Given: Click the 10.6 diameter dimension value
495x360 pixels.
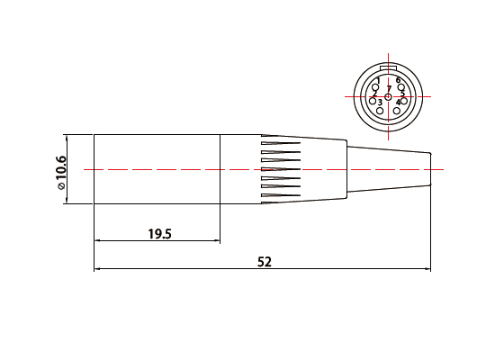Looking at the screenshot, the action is pyautogui.click(x=60, y=169).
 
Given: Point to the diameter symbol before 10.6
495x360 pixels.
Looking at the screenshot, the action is pyautogui.click(x=61, y=186).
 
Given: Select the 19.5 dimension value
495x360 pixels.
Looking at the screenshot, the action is pyautogui.click(x=159, y=234).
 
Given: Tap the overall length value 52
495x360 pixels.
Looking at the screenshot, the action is pyautogui.click(x=265, y=262).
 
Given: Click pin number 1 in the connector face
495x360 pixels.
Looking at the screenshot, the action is pyautogui.click(x=378, y=81).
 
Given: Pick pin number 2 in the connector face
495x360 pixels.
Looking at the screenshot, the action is pyautogui.click(x=374, y=94).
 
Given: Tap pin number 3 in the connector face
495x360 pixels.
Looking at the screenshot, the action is pyautogui.click(x=380, y=103).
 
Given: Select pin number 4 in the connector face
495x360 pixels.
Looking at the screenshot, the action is pyautogui.click(x=399, y=103).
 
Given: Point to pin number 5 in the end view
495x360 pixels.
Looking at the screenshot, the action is pyautogui.click(x=402, y=94).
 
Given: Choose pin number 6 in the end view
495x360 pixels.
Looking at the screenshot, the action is pyautogui.click(x=398, y=80).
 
